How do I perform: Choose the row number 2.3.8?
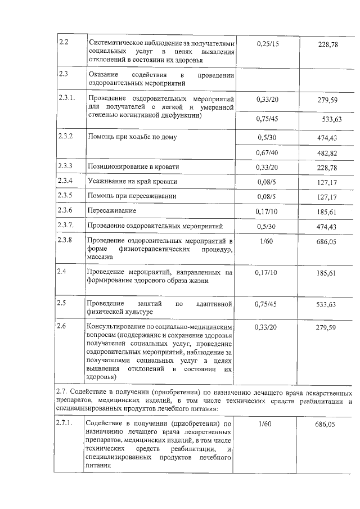coord(66,240)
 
